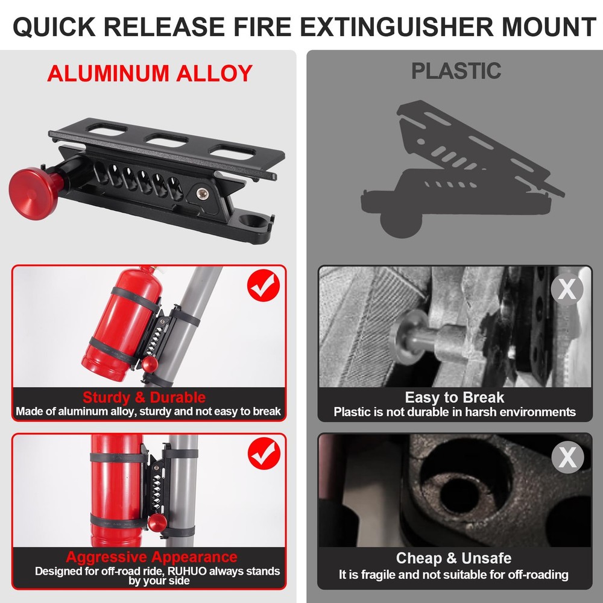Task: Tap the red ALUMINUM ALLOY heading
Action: [150, 73]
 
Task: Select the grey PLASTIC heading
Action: [456, 71]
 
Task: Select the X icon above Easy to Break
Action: [567, 289]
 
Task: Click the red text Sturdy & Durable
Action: [144, 397]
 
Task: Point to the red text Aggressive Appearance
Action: [151, 557]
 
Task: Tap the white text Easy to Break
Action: [455, 397]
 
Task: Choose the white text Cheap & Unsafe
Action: [453, 558]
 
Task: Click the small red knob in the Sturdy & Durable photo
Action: [150, 364]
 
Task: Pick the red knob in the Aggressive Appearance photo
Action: [159, 522]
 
